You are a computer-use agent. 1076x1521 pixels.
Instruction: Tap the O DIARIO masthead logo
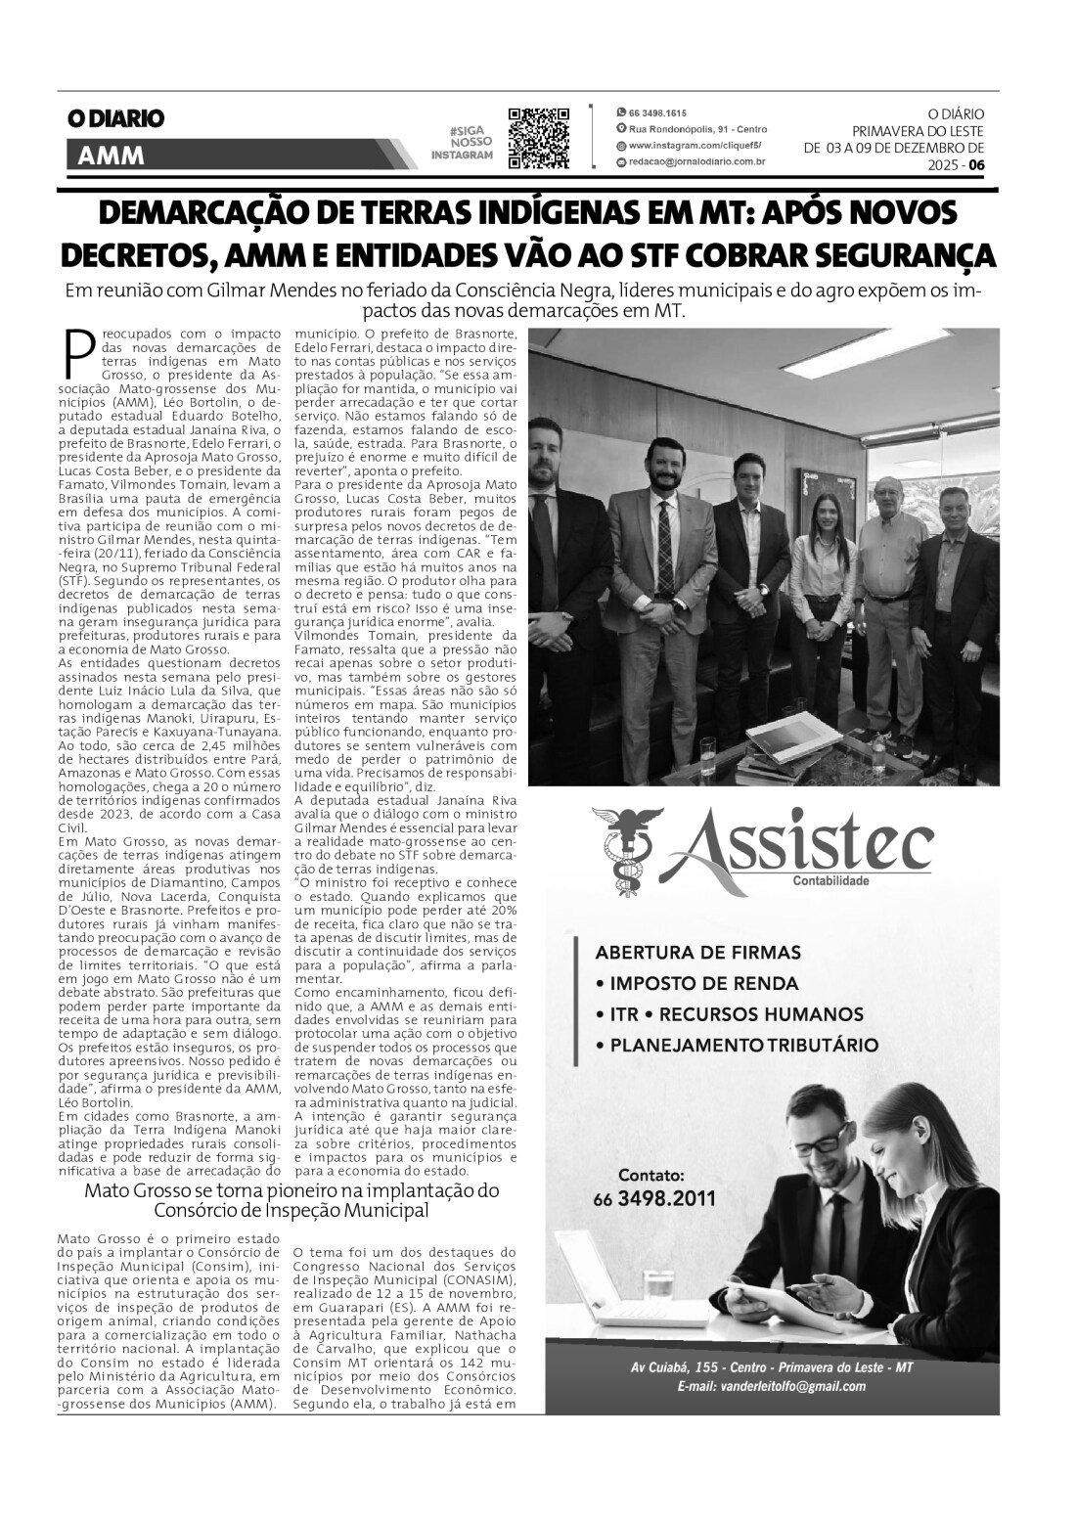[114, 119]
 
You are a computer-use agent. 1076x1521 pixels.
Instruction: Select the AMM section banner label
[109, 155]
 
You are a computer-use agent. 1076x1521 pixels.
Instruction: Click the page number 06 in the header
[976, 165]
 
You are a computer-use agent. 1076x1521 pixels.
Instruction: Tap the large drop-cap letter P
[78, 353]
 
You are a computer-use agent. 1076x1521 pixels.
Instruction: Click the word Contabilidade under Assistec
[830, 879]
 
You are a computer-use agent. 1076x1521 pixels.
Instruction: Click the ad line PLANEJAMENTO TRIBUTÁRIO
[743, 1045]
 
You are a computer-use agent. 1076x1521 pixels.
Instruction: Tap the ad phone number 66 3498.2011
[653, 1198]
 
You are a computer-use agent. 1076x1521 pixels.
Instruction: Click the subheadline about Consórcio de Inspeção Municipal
[291, 1200]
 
